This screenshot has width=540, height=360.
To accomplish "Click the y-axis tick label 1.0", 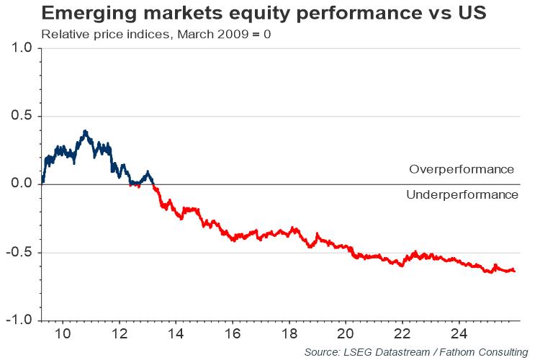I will click(22, 48).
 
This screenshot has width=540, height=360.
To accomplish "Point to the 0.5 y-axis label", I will click(22, 116).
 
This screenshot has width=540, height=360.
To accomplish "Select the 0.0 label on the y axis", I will click(22, 184).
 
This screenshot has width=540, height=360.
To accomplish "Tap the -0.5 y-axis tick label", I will click(19, 252).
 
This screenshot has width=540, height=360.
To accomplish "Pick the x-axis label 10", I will click(63, 335).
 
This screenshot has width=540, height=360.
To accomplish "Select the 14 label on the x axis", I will click(176, 335).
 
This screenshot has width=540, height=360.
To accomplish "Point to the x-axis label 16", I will click(232, 335).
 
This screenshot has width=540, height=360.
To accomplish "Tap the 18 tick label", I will click(289, 335).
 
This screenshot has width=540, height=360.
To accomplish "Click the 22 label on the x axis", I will click(402, 335).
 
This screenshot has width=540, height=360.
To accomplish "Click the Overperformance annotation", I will click(462, 170).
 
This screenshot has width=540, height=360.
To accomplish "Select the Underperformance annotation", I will click(462, 195).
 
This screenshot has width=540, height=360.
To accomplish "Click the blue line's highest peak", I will click(86, 131).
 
